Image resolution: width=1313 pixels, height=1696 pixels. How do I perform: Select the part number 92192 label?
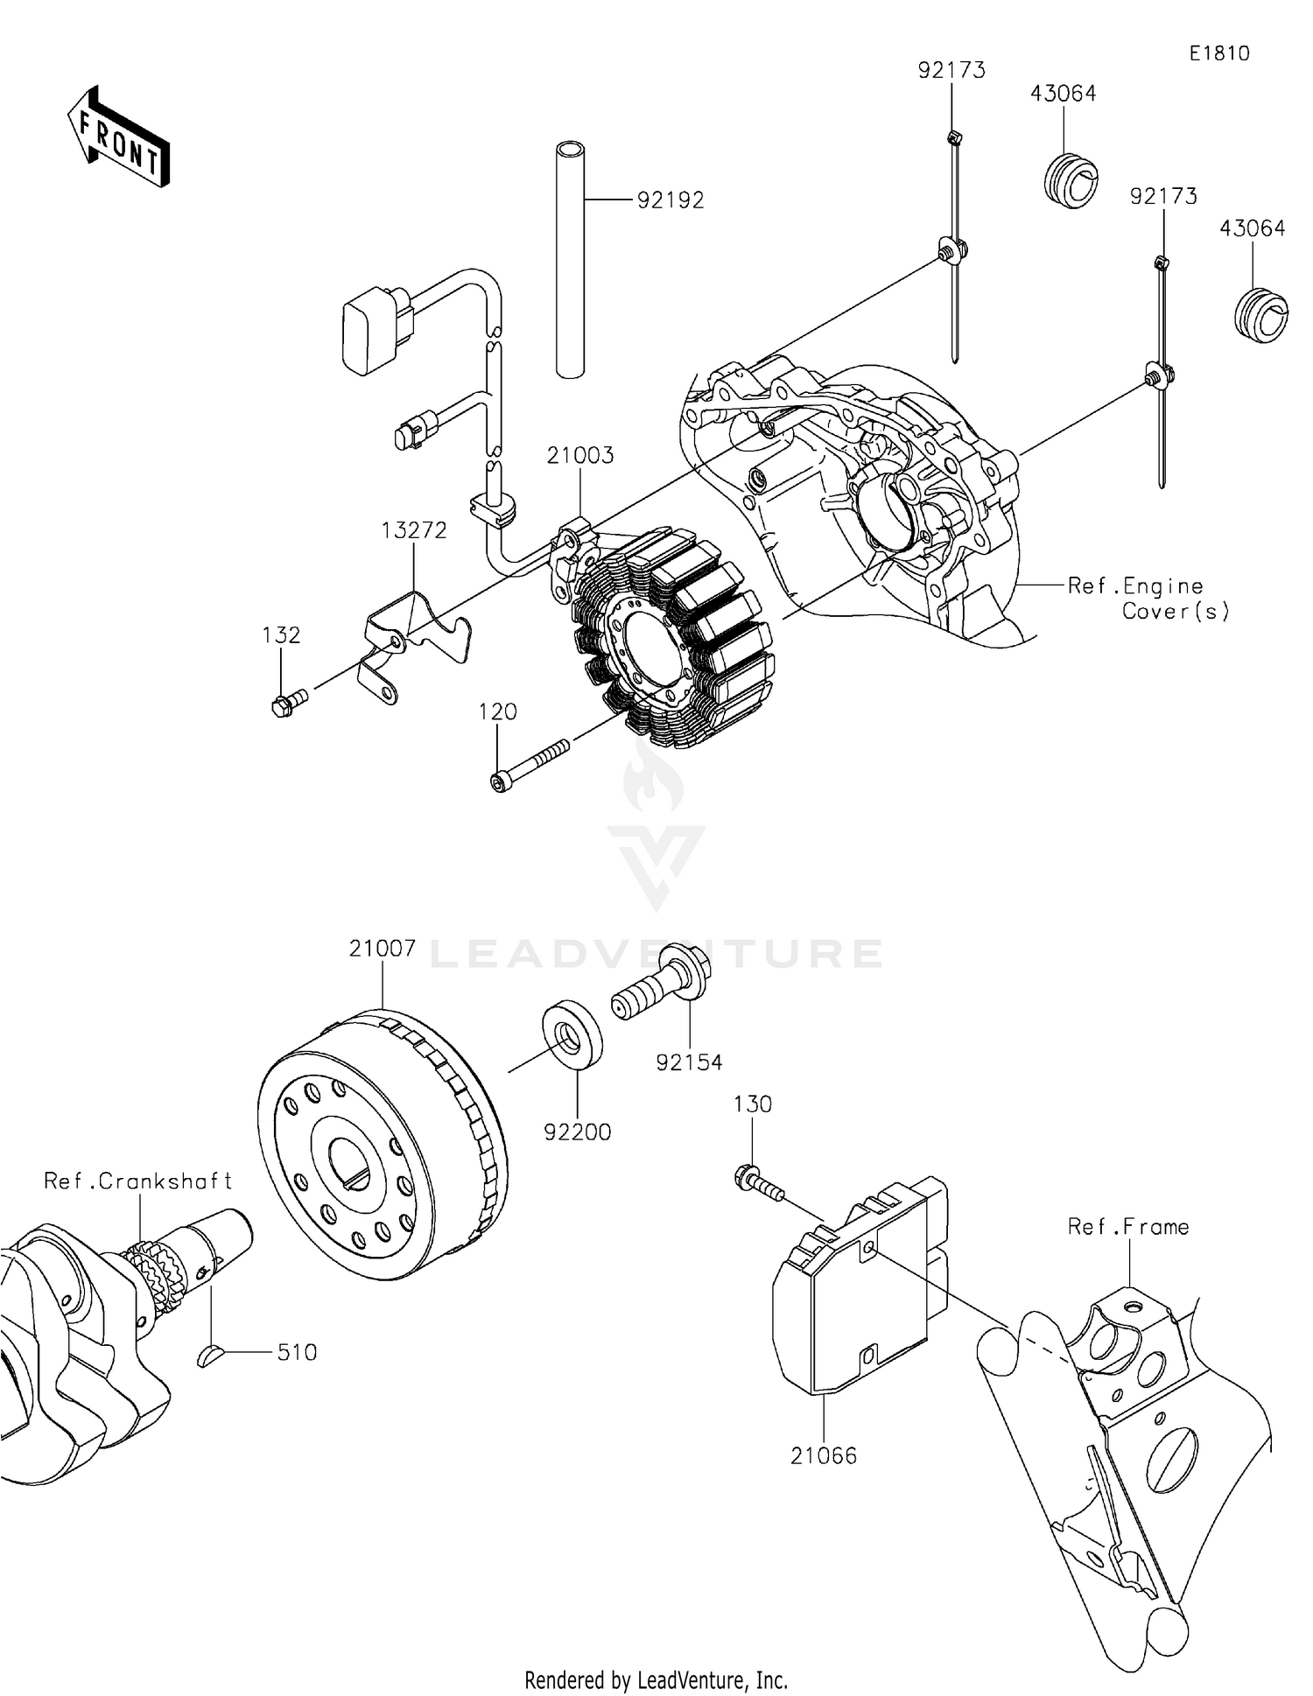(670, 200)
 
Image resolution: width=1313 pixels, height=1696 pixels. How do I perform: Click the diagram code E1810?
(1218, 53)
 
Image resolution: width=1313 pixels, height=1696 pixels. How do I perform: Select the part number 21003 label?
(580, 455)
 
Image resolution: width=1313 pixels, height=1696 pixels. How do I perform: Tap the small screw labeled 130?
(757, 1183)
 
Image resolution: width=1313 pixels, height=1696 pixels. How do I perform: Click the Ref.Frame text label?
(1127, 1227)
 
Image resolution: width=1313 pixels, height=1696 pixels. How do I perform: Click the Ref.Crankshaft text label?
(138, 1181)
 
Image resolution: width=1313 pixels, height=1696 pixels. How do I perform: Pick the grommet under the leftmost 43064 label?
(1071, 181)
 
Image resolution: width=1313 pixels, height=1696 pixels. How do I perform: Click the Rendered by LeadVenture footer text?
(656, 1679)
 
